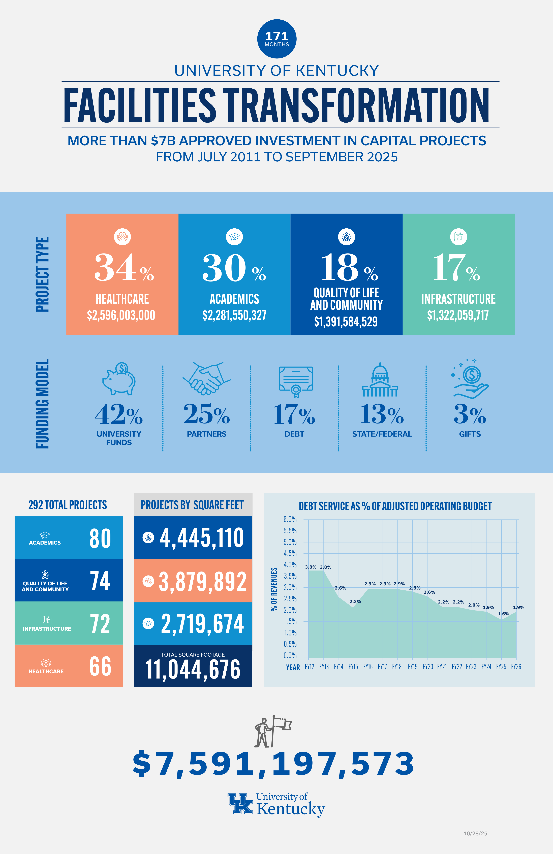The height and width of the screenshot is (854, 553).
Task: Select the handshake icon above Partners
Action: tap(206, 379)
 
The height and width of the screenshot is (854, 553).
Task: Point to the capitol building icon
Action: tap(380, 380)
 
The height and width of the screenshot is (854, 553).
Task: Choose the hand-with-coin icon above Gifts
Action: tap(470, 380)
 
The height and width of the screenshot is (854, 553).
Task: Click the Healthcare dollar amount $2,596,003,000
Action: tap(121, 315)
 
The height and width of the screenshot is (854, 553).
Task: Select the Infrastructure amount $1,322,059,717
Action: tap(458, 315)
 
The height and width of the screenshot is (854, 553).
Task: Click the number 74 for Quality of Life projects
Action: tap(100, 581)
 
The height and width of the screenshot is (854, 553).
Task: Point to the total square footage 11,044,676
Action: tap(193, 669)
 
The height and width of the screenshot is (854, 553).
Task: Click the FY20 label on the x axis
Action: tap(428, 667)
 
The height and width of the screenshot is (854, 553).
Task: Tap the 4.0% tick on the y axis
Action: tap(290, 565)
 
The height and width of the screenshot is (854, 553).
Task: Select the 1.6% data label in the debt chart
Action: tap(503, 614)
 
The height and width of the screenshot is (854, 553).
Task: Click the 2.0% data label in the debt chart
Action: tap(474, 605)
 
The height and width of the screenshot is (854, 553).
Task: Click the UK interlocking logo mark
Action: tap(240, 804)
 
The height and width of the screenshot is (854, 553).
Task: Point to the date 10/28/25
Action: tap(475, 834)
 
